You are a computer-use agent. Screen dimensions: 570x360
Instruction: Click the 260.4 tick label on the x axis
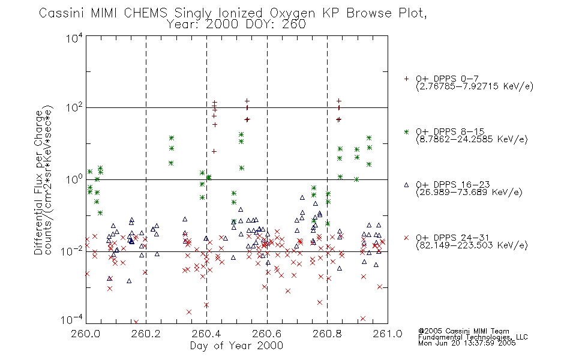coord(207,334)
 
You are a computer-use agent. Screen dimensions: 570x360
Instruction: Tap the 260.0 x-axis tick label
coord(86,334)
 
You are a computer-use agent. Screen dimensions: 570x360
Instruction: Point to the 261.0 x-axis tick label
coord(388,334)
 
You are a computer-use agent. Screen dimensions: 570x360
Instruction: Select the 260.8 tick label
coord(327,334)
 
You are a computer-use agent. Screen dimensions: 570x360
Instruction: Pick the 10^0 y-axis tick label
coord(74,179)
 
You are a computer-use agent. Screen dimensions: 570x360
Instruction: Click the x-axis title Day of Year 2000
coord(236,346)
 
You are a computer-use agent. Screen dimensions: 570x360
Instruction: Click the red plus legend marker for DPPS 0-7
coord(406,79)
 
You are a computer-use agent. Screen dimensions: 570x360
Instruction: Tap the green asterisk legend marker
coord(406,131)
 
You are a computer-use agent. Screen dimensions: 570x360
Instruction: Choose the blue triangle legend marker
coord(406,185)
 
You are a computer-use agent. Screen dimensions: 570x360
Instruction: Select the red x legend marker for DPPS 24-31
coord(406,238)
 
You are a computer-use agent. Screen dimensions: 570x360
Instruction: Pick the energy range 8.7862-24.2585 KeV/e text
coord(472,140)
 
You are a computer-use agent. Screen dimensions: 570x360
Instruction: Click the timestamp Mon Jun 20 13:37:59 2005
coord(467,343)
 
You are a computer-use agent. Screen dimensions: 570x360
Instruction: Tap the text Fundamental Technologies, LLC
coord(473,337)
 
